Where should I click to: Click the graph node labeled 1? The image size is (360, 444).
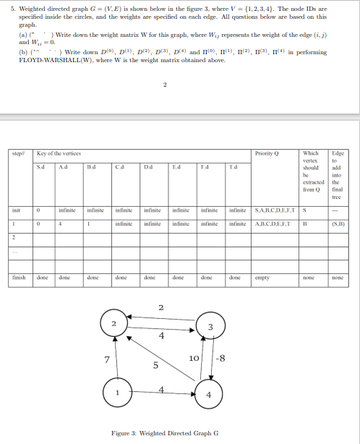(x=117, y=393)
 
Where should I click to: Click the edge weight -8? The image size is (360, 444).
(x=221, y=359)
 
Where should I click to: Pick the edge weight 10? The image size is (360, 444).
(x=194, y=359)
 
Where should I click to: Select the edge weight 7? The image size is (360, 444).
(x=106, y=359)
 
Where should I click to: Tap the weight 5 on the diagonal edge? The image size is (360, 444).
(x=155, y=365)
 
